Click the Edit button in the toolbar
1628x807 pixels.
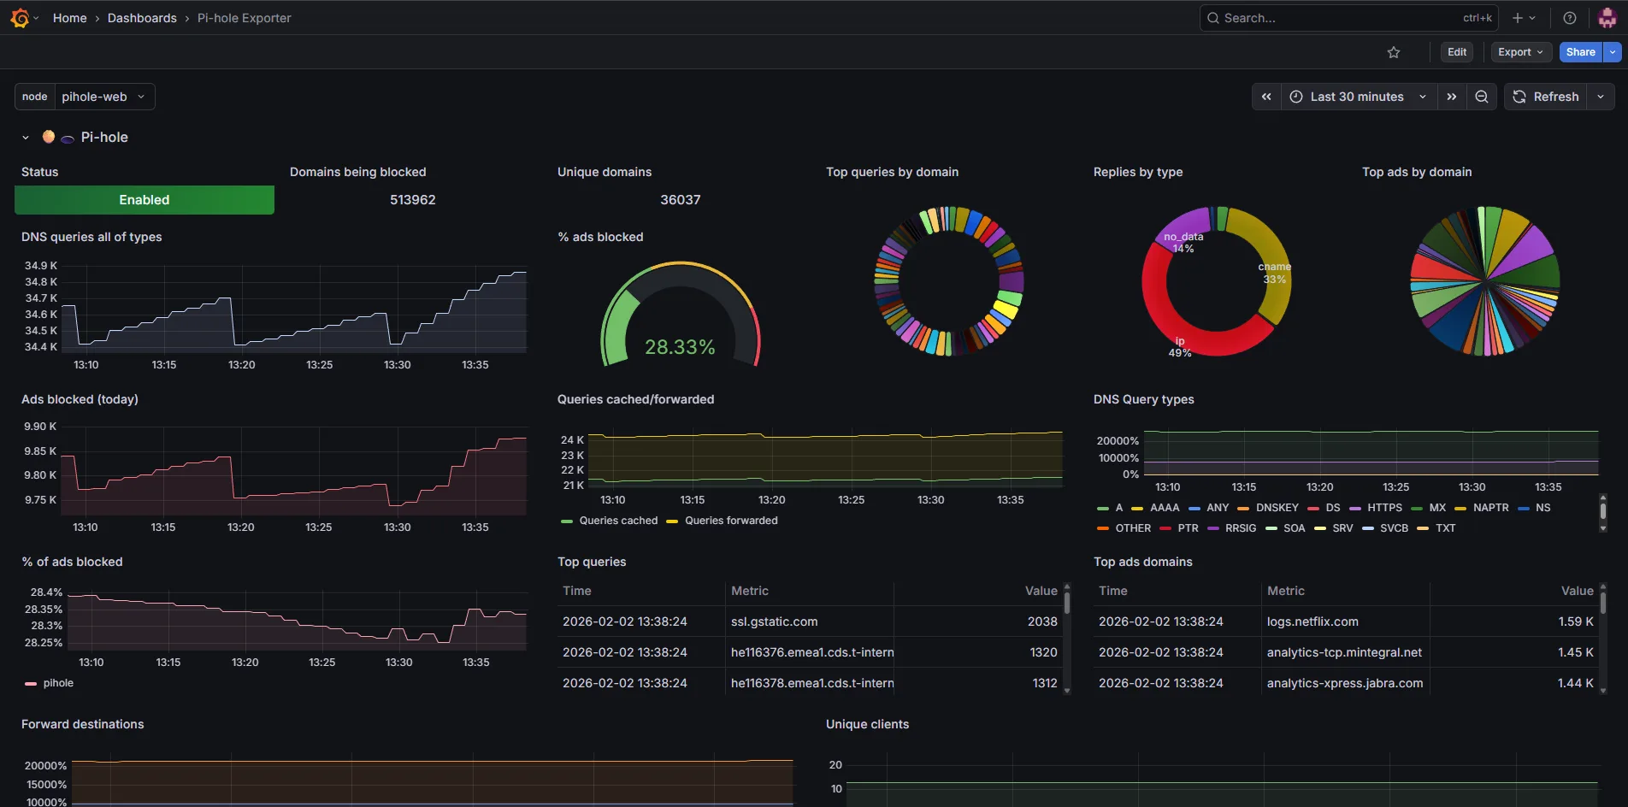pos(1457,52)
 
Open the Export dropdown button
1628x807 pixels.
pos(1521,52)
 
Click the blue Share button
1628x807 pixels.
pos(1580,52)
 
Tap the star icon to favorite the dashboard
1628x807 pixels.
pos(1394,52)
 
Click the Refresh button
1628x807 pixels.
pos(1546,97)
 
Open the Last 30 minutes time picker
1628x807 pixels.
pos(1358,97)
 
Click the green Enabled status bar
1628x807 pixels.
pos(145,200)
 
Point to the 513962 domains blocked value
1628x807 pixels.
pos(413,200)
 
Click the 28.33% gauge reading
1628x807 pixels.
pos(680,347)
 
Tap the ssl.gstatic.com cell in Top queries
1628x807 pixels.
pos(774,621)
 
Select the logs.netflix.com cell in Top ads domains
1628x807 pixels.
pos(1312,621)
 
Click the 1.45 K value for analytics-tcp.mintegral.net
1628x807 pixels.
pos(1575,652)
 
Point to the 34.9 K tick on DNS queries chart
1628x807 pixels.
pos(41,266)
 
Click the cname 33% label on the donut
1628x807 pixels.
pos(1275,274)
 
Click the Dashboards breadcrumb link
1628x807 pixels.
pos(142,18)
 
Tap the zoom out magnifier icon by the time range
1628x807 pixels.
pos(1482,97)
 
